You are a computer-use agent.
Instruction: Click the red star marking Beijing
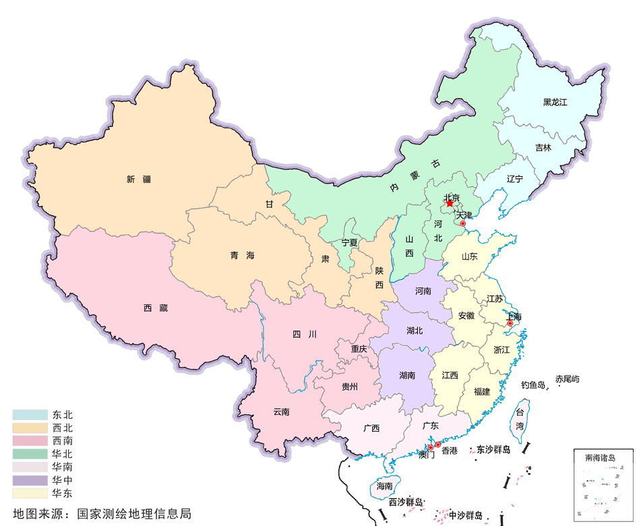(450, 204)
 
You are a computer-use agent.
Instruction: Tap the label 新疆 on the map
(139, 179)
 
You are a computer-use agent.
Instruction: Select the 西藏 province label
(155, 308)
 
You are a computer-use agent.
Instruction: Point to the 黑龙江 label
(556, 103)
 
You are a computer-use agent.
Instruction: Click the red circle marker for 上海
(510, 324)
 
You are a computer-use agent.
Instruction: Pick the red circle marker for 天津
(462, 223)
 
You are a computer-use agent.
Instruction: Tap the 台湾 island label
(520, 418)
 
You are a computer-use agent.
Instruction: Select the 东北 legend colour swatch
(30, 415)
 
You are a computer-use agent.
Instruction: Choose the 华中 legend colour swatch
(30, 480)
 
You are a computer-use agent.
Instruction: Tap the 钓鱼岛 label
(533, 385)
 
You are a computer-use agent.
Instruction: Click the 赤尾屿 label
(567, 380)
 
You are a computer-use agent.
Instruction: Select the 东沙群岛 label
(493, 449)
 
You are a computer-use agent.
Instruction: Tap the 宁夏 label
(350, 242)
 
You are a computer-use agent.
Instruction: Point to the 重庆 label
(359, 349)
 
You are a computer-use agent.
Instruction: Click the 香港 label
(450, 450)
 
